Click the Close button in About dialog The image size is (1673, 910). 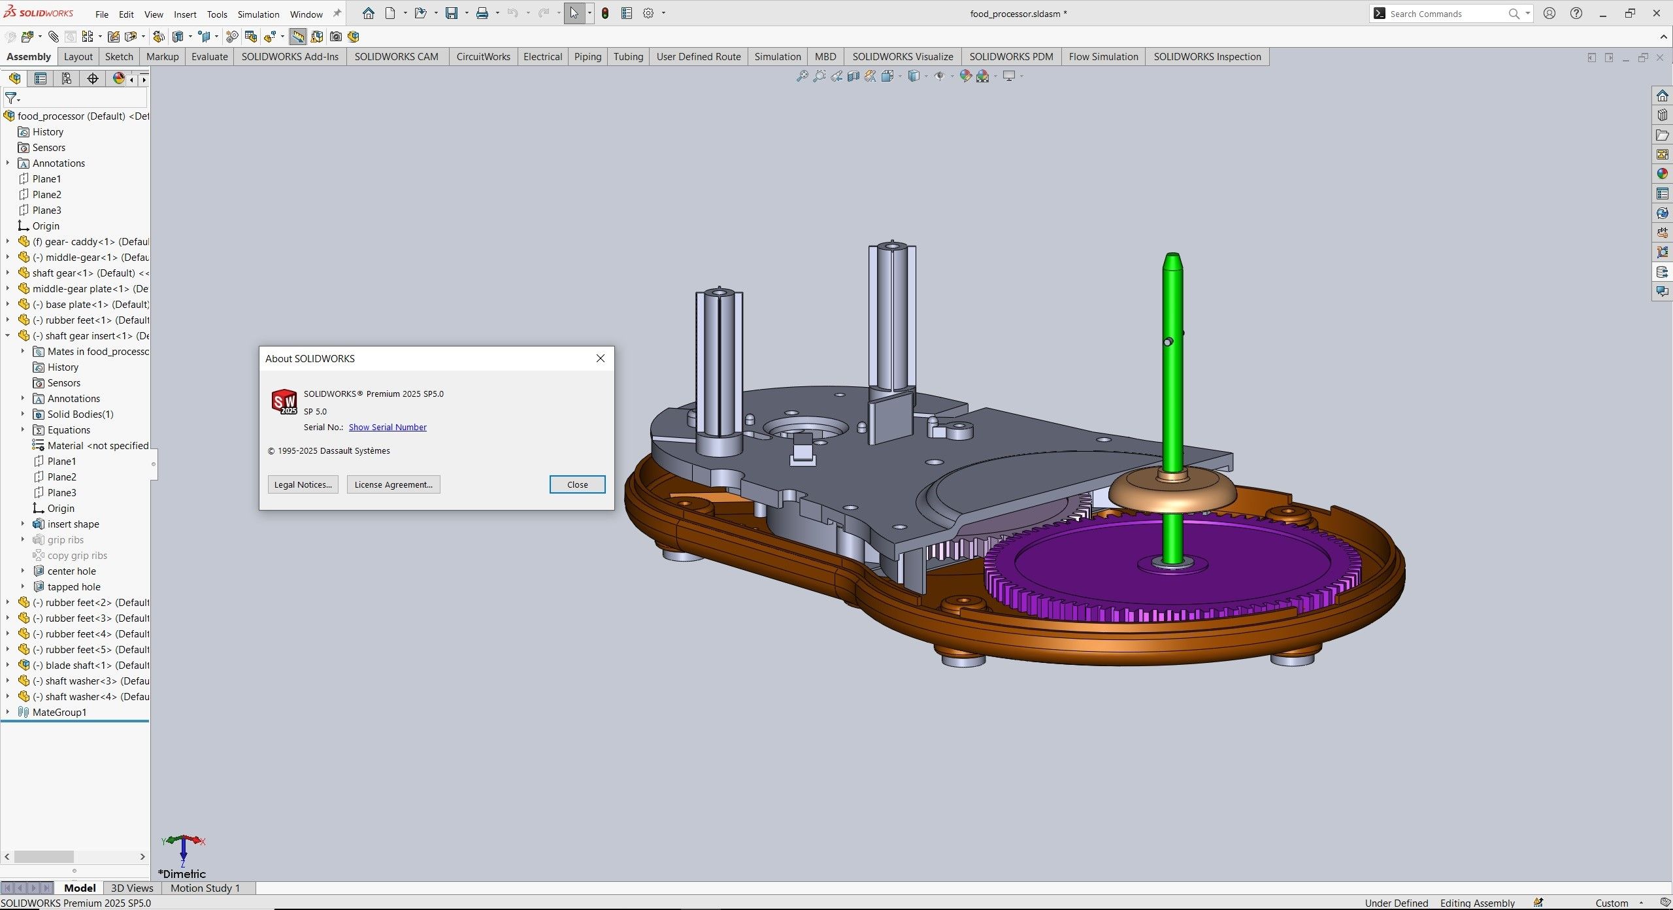577,484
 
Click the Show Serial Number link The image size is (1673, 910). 388,427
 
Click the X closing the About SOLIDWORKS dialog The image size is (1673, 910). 601,358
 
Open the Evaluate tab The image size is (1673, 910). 209,57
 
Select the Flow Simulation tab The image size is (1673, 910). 1103,57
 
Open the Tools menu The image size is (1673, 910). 217,14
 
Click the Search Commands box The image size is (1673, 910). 1444,14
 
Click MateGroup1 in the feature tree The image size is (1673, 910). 59,712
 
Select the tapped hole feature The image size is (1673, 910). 74,586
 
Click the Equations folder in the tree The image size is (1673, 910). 69,430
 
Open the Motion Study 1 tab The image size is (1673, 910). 205,888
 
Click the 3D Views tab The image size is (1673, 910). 132,888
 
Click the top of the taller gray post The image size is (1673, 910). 892,246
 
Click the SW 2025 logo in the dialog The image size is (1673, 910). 284,401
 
